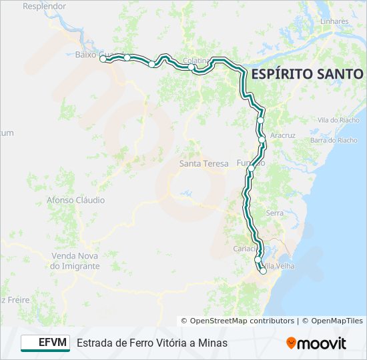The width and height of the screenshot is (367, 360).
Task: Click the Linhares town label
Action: tap(334, 21)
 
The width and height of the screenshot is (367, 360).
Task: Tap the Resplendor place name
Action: tap(45, 6)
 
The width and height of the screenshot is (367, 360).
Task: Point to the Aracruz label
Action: tap(283, 135)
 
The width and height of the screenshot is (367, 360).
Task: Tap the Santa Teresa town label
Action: tap(204, 163)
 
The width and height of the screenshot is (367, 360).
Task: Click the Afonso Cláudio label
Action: tap(75, 200)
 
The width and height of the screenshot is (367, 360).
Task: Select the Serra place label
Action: tap(275, 213)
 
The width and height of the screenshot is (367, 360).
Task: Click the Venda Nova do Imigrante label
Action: tap(75, 261)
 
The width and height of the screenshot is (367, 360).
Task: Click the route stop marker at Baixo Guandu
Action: tap(103, 59)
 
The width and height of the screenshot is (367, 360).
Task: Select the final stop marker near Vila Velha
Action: tap(263, 271)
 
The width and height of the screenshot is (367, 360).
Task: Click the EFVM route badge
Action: tap(45, 343)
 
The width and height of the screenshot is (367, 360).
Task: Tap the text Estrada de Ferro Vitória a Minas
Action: tap(152, 343)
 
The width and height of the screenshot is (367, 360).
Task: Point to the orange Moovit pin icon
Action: tap(291, 343)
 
